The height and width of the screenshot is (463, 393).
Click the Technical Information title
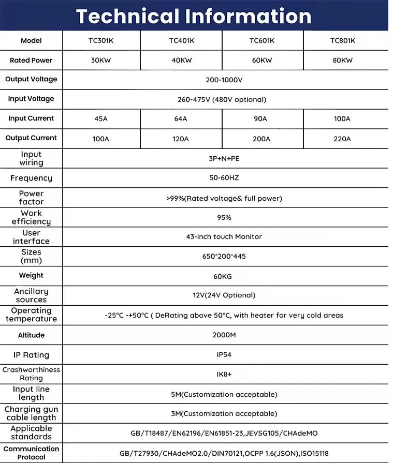pyautogui.click(x=194, y=16)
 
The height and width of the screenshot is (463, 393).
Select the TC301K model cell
pyautogui.click(x=101, y=40)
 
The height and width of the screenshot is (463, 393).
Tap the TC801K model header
pyautogui.click(x=342, y=40)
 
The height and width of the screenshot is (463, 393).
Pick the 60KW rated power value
pyautogui.click(x=261, y=60)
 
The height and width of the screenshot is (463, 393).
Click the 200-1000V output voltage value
pyautogui.click(x=224, y=80)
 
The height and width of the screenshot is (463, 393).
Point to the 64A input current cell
pyautogui.click(x=181, y=118)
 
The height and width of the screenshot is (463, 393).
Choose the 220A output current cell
pyautogui.click(x=342, y=139)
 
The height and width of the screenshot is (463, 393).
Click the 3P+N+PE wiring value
pyautogui.click(x=224, y=158)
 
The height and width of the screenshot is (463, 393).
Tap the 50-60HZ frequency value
pyautogui.click(x=224, y=178)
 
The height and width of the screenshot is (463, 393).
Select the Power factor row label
pyautogui.click(x=31, y=198)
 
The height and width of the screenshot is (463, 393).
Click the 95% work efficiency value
pyautogui.click(x=224, y=217)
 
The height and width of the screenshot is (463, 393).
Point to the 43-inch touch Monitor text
pyautogui.click(x=224, y=236)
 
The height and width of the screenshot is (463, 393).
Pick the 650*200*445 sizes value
pyautogui.click(x=224, y=257)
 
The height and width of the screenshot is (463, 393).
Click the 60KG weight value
pyautogui.click(x=224, y=276)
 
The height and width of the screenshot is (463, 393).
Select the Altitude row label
pyautogui.click(x=31, y=335)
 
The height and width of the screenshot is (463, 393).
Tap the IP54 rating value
pyautogui.click(x=224, y=355)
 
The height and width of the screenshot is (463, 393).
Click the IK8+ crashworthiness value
pyautogui.click(x=224, y=375)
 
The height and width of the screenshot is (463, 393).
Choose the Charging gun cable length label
pyautogui.click(x=31, y=413)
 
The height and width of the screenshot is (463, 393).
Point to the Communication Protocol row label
pyautogui.click(x=31, y=453)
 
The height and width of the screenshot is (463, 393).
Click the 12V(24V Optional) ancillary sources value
pyautogui.click(x=224, y=295)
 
